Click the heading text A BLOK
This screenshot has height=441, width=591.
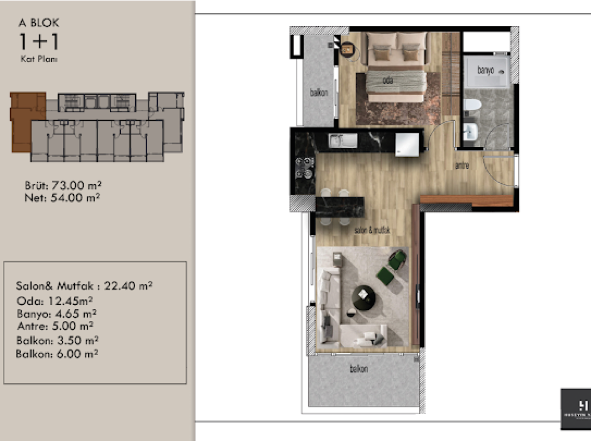click(39, 23)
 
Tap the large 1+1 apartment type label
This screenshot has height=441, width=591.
click(39, 42)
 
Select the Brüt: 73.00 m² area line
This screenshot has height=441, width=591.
click(63, 185)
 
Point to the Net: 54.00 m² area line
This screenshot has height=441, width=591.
click(62, 198)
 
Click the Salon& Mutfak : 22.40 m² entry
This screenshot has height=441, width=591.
click(84, 286)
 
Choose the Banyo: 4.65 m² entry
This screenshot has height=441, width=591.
click(56, 314)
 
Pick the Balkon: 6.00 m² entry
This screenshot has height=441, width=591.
click(57, 354)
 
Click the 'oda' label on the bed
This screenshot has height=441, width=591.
click(388, 80)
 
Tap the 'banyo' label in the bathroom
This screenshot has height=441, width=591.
click(485, 70)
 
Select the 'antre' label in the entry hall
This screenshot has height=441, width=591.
click(462, 165)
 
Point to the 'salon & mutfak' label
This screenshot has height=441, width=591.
click(372, 230)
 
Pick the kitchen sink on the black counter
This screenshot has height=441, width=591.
click(343, 141)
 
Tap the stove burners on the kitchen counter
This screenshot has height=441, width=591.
click(304, 168)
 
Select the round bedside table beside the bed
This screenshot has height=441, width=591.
click(347, 49)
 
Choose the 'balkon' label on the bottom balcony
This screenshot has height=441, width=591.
click(359, 369)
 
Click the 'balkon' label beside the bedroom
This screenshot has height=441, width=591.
click(319, 93)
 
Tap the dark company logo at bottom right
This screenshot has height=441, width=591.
click(576, 410)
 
